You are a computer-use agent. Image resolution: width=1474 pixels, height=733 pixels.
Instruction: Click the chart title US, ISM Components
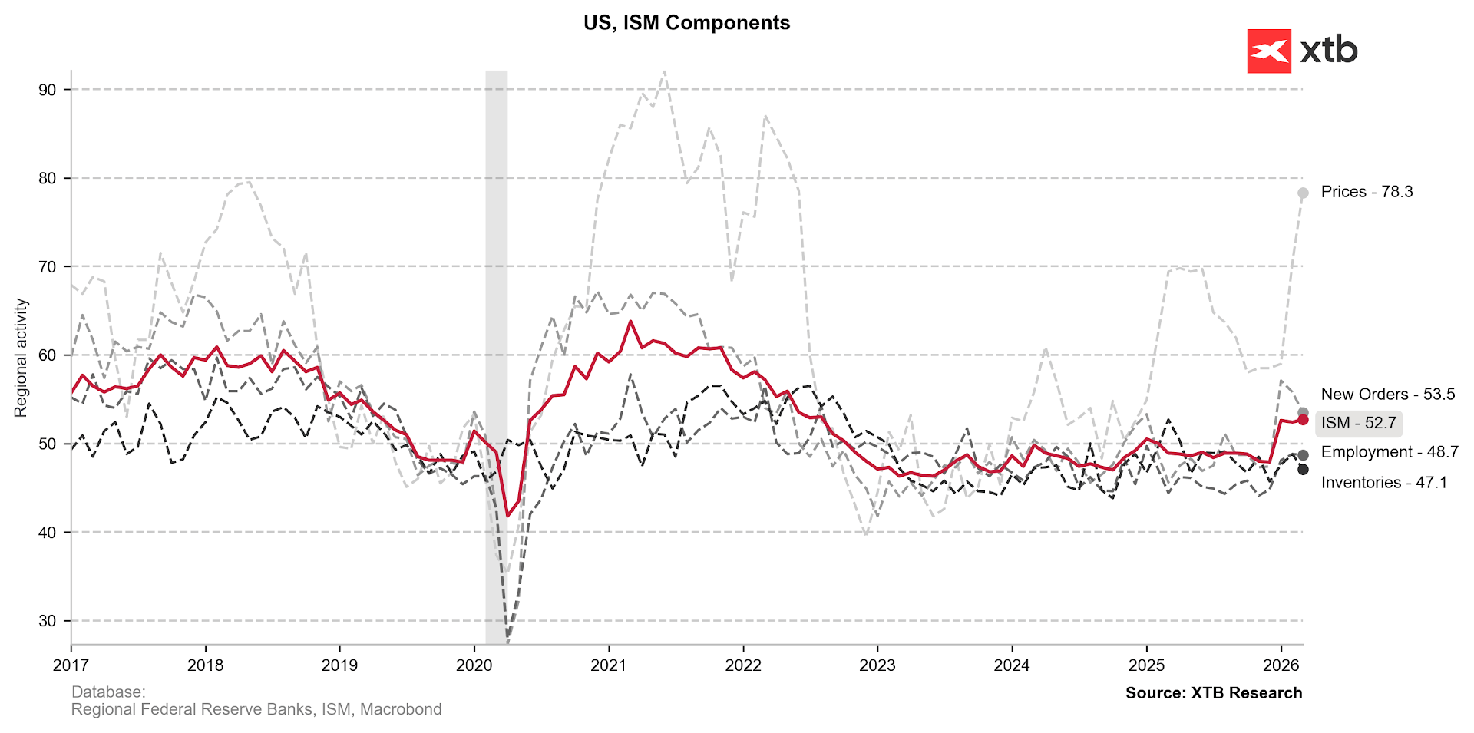(686, 23)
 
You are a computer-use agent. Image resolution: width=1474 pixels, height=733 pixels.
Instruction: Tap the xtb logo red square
(1269, 51)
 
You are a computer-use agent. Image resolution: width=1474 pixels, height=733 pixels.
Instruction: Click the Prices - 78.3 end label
(1367, 192)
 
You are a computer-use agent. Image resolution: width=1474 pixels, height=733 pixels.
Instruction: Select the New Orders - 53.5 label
(1387, 395)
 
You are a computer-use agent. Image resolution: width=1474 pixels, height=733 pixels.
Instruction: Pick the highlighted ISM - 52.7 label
(1358, 423)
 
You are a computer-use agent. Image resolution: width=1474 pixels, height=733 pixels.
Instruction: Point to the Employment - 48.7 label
(1390, 452)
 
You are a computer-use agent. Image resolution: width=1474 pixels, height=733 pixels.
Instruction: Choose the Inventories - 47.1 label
(1383, 483)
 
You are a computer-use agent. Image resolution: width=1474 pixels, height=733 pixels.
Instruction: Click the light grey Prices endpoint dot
(1303, 193)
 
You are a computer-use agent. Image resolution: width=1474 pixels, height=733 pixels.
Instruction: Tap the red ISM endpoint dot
(1303, 420)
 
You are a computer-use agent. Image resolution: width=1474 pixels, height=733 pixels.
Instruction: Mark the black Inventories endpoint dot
(1303, 470)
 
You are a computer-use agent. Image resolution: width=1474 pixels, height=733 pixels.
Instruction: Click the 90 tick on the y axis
(48, 90)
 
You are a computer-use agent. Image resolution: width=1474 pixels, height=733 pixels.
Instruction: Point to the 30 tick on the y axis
(48, 621)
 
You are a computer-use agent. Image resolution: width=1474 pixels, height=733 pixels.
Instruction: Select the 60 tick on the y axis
(48, 355)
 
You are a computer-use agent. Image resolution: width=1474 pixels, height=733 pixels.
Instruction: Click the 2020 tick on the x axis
(474, 665)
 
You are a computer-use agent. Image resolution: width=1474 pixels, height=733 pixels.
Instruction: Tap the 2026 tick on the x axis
(1281, 665)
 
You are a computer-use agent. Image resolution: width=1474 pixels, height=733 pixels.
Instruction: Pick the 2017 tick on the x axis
(71, 665)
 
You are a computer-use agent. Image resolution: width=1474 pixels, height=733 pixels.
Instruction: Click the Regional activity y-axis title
(21, 358)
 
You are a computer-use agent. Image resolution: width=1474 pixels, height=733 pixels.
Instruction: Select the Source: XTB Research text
(1214, 693)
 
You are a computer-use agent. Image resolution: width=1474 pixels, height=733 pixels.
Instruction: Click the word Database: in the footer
(108, 692)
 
